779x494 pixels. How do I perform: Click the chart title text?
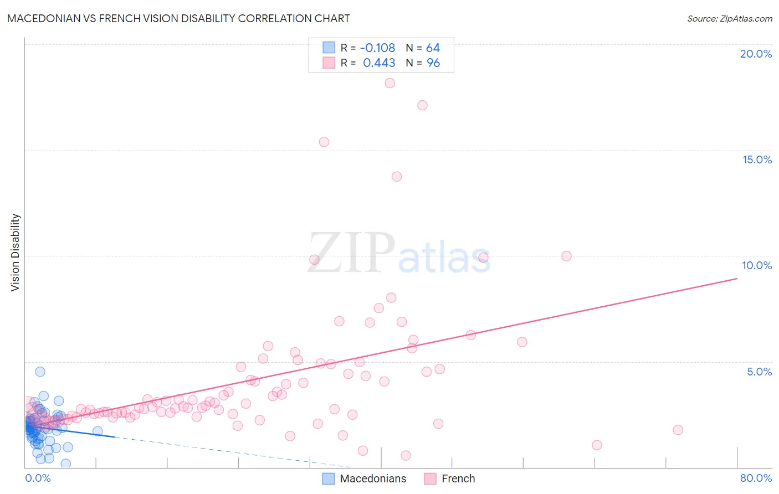pyautogui.click(x=178, y=18)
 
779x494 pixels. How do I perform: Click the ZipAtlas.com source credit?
pyautogui.click(x=729, y=18)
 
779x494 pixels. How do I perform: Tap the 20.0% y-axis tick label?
pyautogui.click(x=756, y=54)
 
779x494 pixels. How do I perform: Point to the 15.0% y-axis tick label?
pyautogui.click(x=757, y=159)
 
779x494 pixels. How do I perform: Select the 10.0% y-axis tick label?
pyautogui.click(x=757, y=265)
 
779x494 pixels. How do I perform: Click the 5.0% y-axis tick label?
pyautogui.click(x=759, y=372)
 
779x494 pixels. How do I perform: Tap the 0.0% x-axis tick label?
pyautogui.click(x=38, y=478)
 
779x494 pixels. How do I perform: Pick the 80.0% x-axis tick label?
pyautogui.click(x=756, y=478)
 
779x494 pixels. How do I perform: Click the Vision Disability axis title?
pyautogui.click(x=16, y=252)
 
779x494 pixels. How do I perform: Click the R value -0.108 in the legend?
pyautogui.click(x=377, y=48)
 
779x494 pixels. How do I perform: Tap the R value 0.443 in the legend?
pyautogui.click(x=379, y=63)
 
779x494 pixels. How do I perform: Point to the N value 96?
pyautogui.click(x=433, y=63)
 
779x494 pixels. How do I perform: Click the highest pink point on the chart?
pyautogui.click(x=389, y=83)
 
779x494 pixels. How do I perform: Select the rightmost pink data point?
pyautogui.click(x=678, y=430)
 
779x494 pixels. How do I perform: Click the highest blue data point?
pyautogui.click(x=40, y=372)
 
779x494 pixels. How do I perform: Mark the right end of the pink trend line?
pyautogui.click(x=737, y=279)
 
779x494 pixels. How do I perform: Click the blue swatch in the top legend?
pyautogui.click(x=329, y=48)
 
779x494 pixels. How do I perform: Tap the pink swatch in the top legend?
pyautogui.click(x=329, y=63)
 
